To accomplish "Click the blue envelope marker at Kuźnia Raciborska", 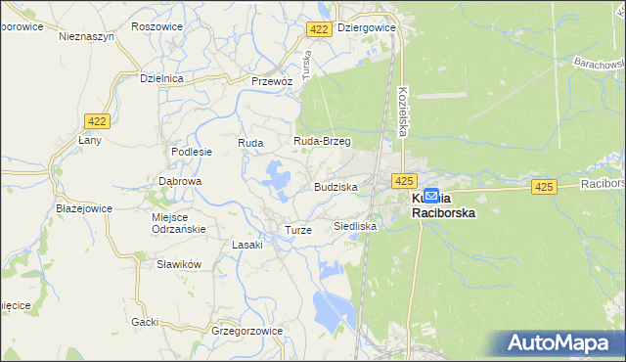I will (x=431, y=197).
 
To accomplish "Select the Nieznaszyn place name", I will (x=87, y=36).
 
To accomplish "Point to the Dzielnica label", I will (x=162, y=77).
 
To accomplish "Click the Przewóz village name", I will (x=272, y=81).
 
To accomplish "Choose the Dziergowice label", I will (x=366, y=28).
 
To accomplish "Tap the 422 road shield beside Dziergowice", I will (x=318, y=30).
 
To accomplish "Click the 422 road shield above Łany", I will (x=96, y=121).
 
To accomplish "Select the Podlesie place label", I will (x=192, y=152).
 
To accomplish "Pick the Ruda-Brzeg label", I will (x=323, y=141).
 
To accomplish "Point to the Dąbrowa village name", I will (x=180, y=181).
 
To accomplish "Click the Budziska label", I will (x=335, y=186).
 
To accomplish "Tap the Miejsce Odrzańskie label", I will (x=178, y=222).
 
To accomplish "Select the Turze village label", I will (x=297, y=230).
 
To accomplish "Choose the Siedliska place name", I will (x=355, y=226).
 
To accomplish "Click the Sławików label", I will (x=179, y=264).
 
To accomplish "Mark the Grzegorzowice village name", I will (x=246, y=331).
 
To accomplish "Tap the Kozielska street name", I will (x=403, y=109).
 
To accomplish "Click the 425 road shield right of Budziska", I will (x=405, y=181).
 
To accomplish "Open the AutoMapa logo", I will (x=562, y=343).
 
